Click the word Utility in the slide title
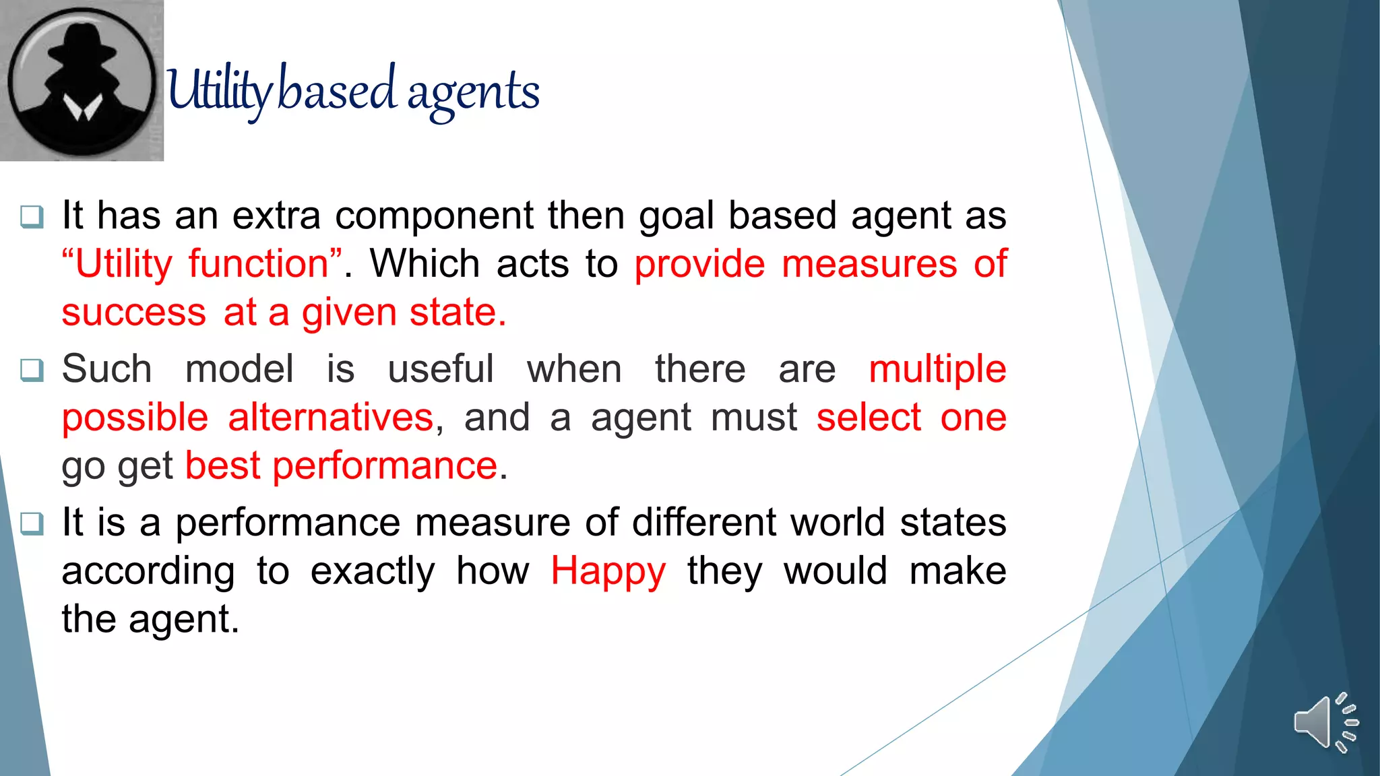pos(219,91)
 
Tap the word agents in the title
pos(473,93)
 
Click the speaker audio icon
pos(1325,723)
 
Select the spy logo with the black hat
pos(82,80)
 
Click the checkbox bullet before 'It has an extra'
pos(32,217)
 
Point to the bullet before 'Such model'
pos(32,370)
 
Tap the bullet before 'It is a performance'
pos(32,523)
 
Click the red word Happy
pos(608,571)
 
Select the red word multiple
pos(937,370)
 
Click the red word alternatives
pos(330,418)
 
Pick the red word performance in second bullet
pos(385,465)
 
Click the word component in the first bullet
pos(434,216)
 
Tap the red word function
pos(258,263)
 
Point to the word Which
pos(425,263)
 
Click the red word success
pos(133,313)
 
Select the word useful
pos(441,370)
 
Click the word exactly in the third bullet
pos(373,571)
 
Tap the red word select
pos(869,418)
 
